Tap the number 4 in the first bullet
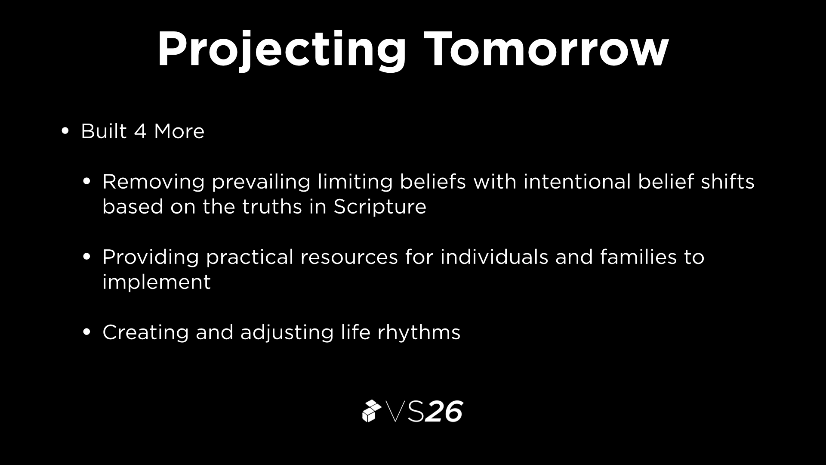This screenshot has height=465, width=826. (x=140, y=131)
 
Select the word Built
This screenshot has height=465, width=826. (x=104, y=131)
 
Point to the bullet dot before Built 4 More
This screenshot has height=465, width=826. (x=65, y=131)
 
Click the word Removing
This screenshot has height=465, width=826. (x=153, y=182)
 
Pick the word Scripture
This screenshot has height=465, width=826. (x=380, y=207)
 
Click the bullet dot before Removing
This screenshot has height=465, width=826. (x=86, y=182)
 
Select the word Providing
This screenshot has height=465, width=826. (x=151, y=257)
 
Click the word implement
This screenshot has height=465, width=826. (x=157, y=282)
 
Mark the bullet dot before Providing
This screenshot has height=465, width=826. (x=86, y=257)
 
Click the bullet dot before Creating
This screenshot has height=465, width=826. (x=86, y=332)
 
